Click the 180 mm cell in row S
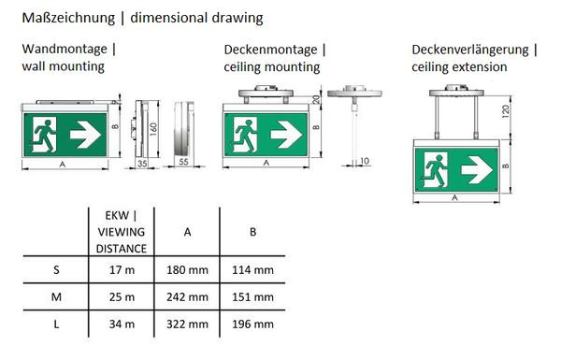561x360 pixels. pos(187,270)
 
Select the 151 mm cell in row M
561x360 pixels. pos(252,297)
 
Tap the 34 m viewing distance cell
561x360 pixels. pos(122,324)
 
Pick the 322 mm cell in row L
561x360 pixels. pos(187,324)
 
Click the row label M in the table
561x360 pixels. pos(56,297)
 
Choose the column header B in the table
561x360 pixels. pos(252,232)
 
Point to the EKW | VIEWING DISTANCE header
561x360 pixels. pos(122,232)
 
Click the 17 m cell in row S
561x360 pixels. pos(122,270)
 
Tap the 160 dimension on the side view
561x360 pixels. pos(153,129)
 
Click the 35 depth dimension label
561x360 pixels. pos(142,164)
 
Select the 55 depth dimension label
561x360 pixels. pos(183,162)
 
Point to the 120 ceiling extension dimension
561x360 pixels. pos(505,111)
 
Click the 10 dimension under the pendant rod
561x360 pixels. pos(365,161)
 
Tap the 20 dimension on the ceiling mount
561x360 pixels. pos(316,99)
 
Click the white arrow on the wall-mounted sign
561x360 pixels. pos(85,135)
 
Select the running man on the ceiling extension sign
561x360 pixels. pos(436,170)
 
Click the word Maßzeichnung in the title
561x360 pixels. pos(68,18)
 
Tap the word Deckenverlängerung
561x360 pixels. pos(470,50)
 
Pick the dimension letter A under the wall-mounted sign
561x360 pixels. pos(63,165)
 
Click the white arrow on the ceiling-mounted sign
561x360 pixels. pos(286,135)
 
